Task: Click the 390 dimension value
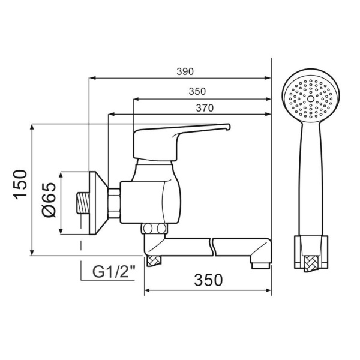185,71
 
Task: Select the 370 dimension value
204,107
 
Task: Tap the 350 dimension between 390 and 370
197,91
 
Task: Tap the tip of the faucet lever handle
227,127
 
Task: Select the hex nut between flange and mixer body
115,203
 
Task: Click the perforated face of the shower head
310,96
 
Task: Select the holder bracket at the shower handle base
311,252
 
